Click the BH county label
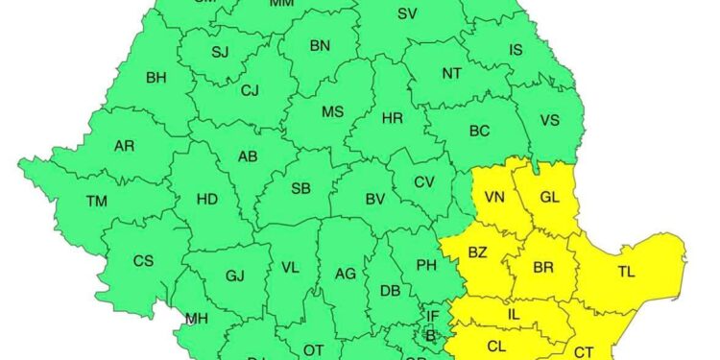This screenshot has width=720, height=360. (x=156, y=78)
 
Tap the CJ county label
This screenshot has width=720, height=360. (x=250, y=91)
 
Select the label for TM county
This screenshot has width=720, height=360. (x=97, y=202)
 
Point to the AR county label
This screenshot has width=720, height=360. (x=124, y=146)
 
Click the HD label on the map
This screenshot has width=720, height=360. (x=206, y=200)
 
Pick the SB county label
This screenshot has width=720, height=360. (x=300, y=188)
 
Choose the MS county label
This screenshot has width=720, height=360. (x=332, y=112)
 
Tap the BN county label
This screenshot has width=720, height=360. (x=320, y=45)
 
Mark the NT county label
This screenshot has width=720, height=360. (x=451, y=72)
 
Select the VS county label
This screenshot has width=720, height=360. (x=550, y=120)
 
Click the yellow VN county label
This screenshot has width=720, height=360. (x=494, y=198)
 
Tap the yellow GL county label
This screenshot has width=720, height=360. (x=549, y=197)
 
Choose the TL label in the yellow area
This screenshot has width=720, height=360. (x=626, y=273)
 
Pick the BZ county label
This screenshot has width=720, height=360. (x=477, y=252)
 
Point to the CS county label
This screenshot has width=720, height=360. (x=143, y=261)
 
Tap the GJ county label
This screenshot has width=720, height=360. (x=235, y=276)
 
